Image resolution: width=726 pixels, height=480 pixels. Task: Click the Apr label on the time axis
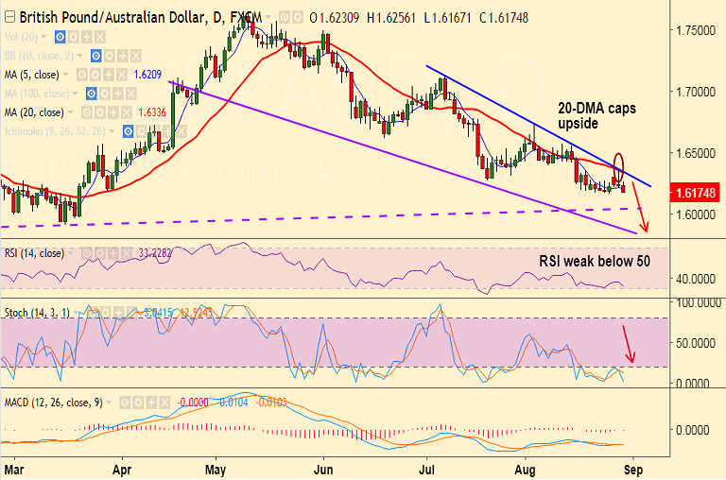click(x=121, y=467)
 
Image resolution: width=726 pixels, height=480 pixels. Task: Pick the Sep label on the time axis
click(x=633, y=467)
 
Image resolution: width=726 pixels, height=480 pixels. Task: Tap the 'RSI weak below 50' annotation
click(x=594, y=261)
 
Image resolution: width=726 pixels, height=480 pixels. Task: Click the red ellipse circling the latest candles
click(x=620, y=167)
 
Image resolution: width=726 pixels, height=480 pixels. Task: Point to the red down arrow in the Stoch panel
click(x=629, y=345)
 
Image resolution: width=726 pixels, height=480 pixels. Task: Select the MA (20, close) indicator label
click(x=38, y=112)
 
